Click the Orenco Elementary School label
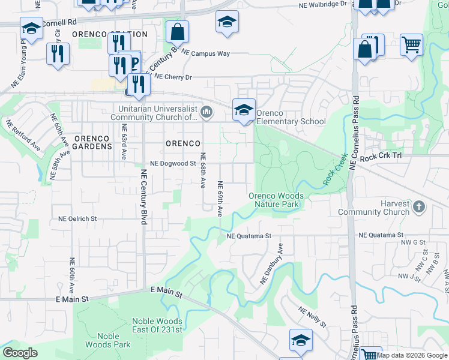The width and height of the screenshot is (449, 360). click(291, 117)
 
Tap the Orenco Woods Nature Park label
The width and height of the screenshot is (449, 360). click(276, 200)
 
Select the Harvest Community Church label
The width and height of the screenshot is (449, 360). click(373, 208)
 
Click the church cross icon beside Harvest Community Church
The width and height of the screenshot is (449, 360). click(418, 208)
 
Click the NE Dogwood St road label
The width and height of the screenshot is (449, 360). click(173, 163)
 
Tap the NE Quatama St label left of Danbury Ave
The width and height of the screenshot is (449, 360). click(249, 236)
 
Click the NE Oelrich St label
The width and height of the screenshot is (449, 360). click(77, 219)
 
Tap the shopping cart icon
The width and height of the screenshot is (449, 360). click(411, 44)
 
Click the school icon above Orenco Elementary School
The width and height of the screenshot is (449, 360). click(244, 109)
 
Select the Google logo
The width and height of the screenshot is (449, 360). click(20, 353)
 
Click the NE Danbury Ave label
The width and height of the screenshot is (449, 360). click(271, 263)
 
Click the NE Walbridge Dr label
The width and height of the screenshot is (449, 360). click(323, 4)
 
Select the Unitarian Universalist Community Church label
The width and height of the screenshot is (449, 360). click(158, 113)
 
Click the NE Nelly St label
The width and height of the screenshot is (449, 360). click(312, 317)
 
